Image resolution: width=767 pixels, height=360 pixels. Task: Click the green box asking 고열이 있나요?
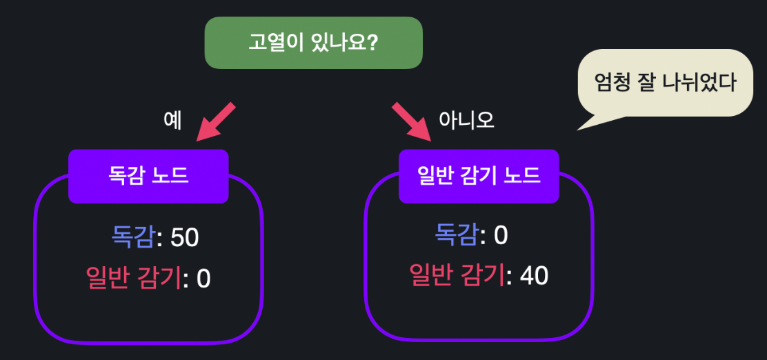(313, 43)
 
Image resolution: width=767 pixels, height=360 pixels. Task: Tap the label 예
(172, 120)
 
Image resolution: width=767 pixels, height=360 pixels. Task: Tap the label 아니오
(466, 120)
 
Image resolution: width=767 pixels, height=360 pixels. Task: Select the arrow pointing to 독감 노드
(216, 122)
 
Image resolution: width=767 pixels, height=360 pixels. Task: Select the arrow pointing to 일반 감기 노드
(411, 122)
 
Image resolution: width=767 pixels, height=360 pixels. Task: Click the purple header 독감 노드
(148, 176)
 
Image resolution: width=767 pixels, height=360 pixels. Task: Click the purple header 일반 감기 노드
(479, 176)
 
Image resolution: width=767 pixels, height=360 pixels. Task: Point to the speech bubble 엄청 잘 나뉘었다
(665, 83)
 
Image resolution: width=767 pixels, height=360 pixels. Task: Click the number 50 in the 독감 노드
(184, 238)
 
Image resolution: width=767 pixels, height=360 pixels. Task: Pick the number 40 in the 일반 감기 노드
(534, 277)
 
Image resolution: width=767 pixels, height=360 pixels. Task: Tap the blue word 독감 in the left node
(133, 238)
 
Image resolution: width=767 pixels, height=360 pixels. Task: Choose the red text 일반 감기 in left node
(134, 279)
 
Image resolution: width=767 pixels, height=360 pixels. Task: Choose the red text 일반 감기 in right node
(457, 276)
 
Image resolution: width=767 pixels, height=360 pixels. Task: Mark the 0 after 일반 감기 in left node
(203, 279)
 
